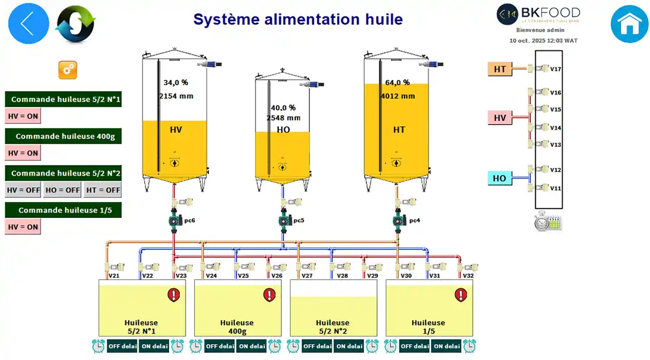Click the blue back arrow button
[x=29, y=23]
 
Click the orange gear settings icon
[x=68, y=70]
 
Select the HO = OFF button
[x=62, y=190]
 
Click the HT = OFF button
[x=103, y=190]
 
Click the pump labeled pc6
[x=174, y=221]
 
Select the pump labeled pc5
[x=284, y=221]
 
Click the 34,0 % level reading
[x=176, y=83]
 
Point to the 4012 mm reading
[x=398, y=96]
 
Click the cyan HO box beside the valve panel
[x=499, y=178]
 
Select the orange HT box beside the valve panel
[x=500, y=69]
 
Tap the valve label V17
[x=555, y=69]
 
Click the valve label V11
[x=555, y=189]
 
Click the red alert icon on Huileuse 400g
[x=269, y=294]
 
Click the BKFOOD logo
[x=538, y=14]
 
